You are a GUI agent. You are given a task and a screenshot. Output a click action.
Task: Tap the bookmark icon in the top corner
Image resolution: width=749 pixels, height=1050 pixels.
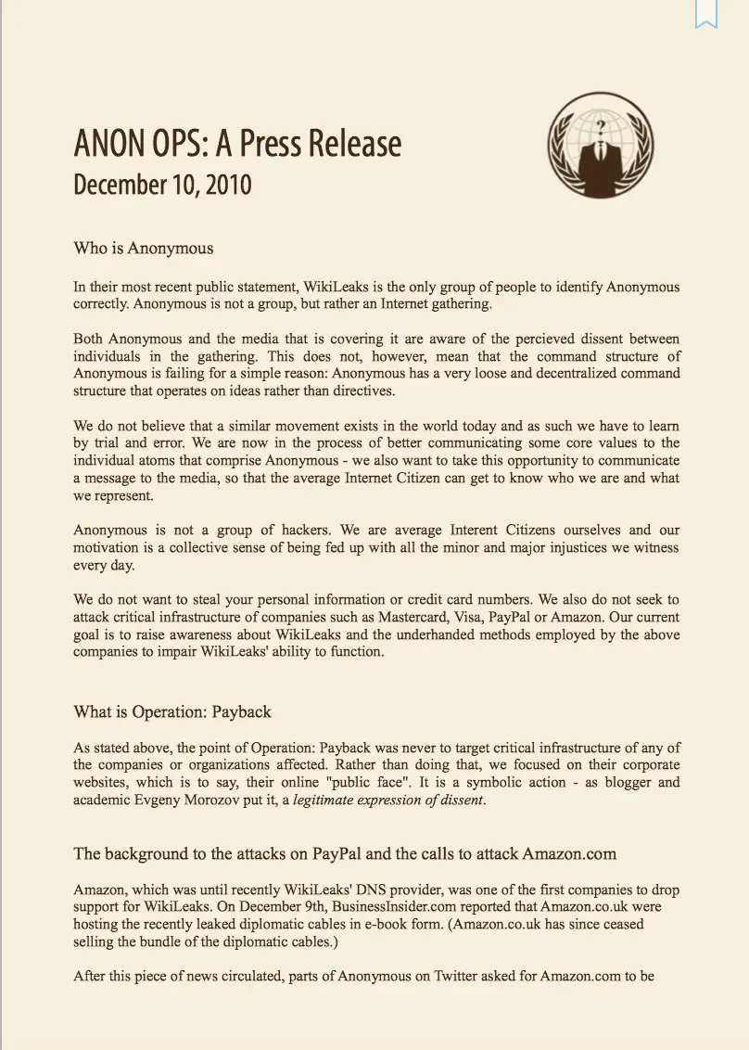click(706, 13)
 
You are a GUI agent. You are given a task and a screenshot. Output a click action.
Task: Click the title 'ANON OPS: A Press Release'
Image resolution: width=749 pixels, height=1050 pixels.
click(237, 144)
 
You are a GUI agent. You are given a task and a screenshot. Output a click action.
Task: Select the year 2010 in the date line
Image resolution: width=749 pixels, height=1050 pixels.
click(223, 184)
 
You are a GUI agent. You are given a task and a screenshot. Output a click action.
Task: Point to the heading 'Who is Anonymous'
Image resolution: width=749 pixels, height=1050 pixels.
click(144, 248)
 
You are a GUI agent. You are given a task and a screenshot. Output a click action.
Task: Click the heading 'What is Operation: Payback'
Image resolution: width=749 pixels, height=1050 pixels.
click(172, 711)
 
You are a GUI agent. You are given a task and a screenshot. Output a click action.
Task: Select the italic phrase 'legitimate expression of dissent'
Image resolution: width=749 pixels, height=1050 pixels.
click(388, 800)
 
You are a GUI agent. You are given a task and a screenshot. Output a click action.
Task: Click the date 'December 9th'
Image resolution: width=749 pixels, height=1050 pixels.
click(273, 906)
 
